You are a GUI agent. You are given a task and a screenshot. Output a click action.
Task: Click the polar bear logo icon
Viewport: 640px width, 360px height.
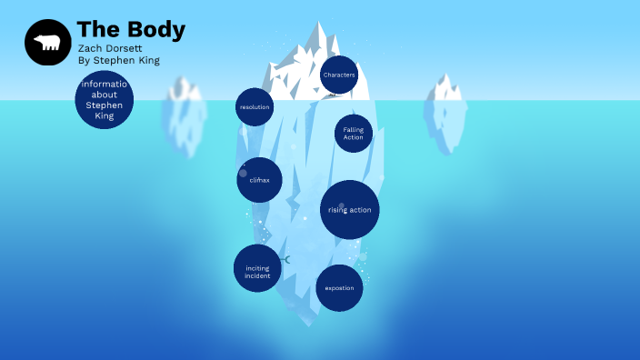pyautogui.click(x=47, y=43)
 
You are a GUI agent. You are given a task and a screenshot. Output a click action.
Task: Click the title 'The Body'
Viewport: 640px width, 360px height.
pyautogui.click(x=131, y=30)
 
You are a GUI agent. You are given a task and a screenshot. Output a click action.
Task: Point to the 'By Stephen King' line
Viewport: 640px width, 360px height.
pyautogui.click(x=119, y=60)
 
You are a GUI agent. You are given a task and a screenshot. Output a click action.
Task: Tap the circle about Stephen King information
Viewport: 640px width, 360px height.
pyautogui.click(x=104, y=100)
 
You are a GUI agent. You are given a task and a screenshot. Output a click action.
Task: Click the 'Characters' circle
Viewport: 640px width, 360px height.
pyautogui.click(x=339, y=75)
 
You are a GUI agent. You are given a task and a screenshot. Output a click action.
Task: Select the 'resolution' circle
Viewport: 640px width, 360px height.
pyautogui.click(x=255, y=107)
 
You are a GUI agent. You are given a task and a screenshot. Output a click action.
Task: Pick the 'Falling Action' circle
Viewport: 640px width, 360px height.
pyautogui.click(x=354, y=134)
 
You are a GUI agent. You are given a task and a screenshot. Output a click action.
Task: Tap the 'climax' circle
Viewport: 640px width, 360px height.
pyautogui.click(x=259, y=180)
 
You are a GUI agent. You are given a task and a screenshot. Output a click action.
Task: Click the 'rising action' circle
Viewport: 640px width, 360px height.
pyautogui.click(x=350, y=210)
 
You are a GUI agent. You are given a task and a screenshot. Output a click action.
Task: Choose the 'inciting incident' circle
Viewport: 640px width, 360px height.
pyautogui.click(x=257, y=268)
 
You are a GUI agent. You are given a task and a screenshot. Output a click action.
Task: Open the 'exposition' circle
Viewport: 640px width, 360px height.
pyautogui.click(x=339, y=288)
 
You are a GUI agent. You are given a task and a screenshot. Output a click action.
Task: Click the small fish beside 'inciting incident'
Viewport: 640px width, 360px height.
pyautogui.click(x=286, y=260)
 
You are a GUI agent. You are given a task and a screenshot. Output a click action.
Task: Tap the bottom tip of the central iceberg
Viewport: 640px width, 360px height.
pyautogui.click(x=309, y=324)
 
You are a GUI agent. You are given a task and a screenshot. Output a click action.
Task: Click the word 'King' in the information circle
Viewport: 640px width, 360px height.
pyautogui.click(x=104, y=116)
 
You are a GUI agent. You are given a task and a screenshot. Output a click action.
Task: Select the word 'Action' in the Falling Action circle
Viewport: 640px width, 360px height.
pyautogui.click(x=354, y=138)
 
